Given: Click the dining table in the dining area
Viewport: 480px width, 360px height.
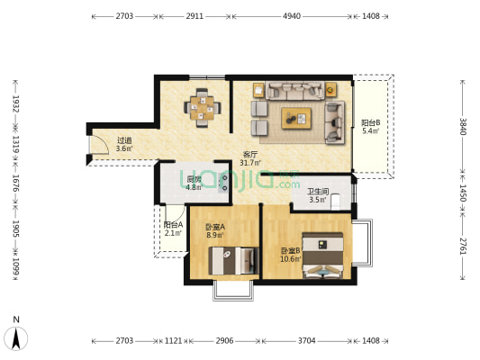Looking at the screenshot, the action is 202,108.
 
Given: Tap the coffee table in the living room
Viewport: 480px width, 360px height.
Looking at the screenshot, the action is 296,118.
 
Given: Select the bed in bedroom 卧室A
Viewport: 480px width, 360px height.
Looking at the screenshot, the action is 233,261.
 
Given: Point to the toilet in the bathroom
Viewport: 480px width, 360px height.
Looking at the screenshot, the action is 336,202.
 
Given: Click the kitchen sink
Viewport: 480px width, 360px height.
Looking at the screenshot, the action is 223,183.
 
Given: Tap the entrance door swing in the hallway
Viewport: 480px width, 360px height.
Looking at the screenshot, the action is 98,144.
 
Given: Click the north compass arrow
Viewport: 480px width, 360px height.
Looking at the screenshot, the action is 16,338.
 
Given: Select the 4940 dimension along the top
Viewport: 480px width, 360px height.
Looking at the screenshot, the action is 292,16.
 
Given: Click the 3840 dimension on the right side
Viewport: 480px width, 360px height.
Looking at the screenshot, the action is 463,127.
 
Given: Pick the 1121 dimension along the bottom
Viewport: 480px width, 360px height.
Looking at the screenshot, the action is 173,340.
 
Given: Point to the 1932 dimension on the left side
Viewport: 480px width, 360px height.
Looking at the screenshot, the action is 15,103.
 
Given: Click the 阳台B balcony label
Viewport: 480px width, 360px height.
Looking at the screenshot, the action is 371,123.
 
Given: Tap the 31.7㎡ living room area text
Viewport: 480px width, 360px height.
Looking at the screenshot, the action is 249,163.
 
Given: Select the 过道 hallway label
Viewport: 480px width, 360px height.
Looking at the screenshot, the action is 124,140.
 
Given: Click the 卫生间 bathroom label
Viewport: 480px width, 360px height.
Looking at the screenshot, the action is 318,192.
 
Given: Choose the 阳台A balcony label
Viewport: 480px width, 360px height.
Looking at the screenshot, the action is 173,225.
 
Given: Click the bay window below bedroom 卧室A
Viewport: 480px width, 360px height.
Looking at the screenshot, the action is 233,291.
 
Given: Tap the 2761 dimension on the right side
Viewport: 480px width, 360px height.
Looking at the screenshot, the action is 463,247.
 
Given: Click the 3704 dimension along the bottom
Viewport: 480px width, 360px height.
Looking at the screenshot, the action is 307,340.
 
